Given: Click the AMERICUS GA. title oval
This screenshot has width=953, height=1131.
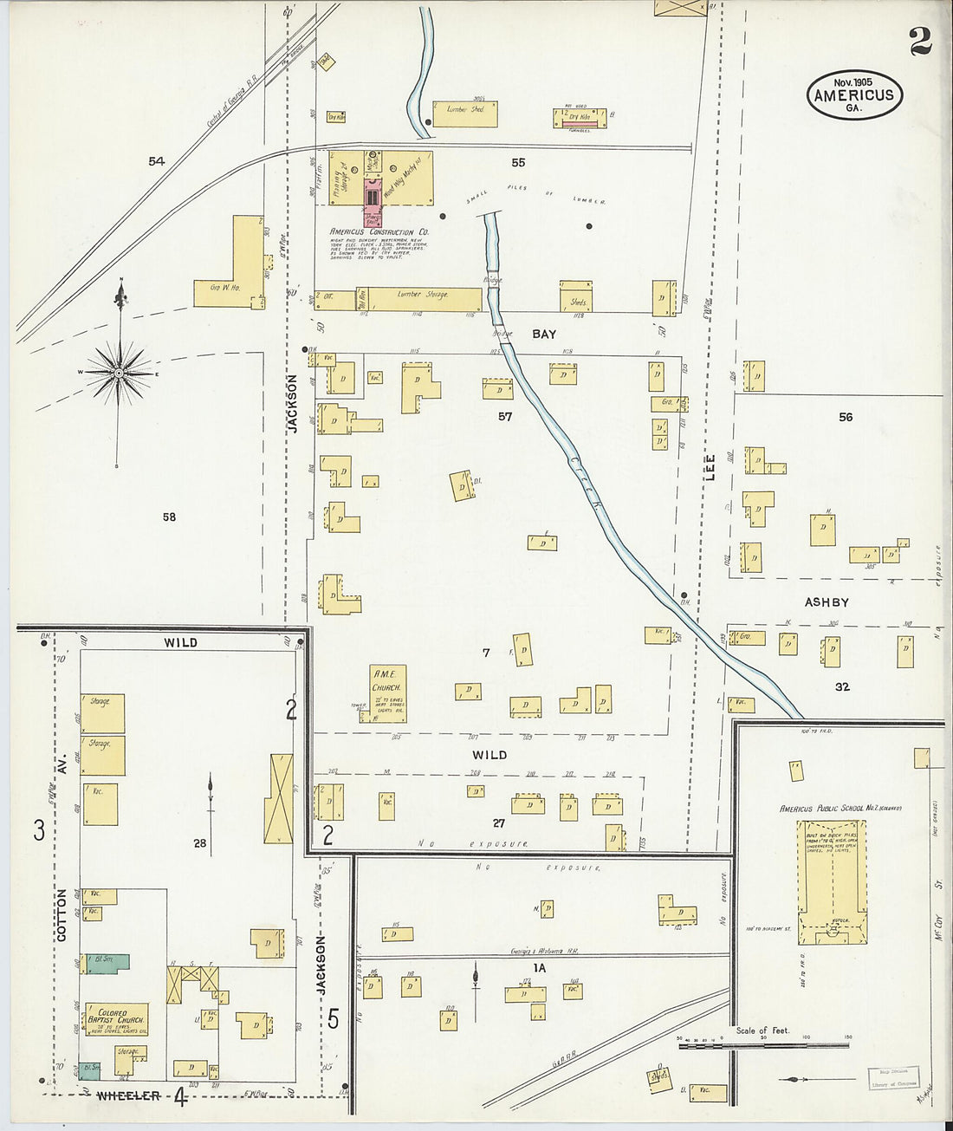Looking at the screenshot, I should pos(854,94).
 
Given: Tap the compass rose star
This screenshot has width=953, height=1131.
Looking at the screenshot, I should pos(120,374).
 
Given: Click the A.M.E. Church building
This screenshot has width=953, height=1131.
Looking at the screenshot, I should pos(387,693).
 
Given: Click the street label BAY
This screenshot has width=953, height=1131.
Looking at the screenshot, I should pos(544,334).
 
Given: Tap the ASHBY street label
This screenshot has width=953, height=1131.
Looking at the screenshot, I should pos(827,601).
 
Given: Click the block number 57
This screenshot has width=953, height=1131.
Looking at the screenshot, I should pos(505,417).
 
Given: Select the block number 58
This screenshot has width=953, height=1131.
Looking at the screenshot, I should pos(169,517).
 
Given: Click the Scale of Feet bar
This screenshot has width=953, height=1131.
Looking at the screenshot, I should pos(762,1045).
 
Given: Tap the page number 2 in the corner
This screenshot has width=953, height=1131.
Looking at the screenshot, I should pos(920,41).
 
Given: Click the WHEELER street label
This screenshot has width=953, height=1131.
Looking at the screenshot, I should pos(128,1096).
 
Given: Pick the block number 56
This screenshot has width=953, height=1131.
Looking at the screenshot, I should pos(846,417).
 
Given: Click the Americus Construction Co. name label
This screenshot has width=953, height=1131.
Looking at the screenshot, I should pos(379,232).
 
